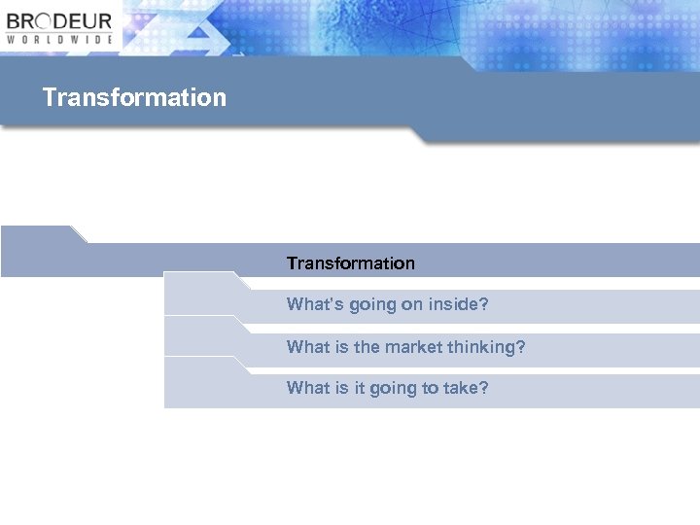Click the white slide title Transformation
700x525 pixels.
[x=134, y=97]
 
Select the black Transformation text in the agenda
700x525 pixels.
[x=350, y=263]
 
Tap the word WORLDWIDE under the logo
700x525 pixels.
[x=59, y=40]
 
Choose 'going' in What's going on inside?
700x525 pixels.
[x=368, y=305]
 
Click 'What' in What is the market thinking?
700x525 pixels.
[x=308, y=346]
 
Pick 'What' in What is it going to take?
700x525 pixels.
[x=308, y=388]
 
